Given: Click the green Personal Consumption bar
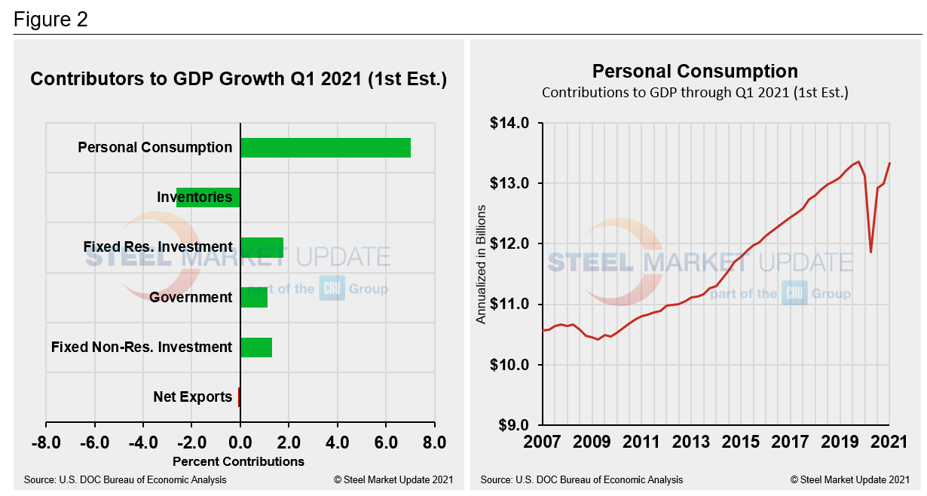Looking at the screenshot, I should coord(325,148).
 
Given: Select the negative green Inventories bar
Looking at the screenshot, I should coord(208,197).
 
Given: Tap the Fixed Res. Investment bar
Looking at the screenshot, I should coord(262,247).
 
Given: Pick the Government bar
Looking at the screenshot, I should coord(253,297).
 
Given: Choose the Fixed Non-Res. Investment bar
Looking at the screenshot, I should coord(255,347).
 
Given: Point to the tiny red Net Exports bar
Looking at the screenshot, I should coord(238,396).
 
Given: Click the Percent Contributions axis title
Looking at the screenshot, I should coord(238,461).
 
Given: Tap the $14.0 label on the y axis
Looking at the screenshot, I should coord(510,123).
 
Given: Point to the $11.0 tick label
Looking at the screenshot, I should coord(510,305).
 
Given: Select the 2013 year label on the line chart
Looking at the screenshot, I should coord(691,441).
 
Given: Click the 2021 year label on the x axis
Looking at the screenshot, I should coord(890,441).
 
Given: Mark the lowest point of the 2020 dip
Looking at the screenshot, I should coord(871,252).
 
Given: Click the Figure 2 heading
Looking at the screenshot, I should coord(50,20).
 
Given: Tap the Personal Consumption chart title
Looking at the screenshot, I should coord(694,72).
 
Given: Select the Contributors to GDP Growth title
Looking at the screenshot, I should coord(238,79).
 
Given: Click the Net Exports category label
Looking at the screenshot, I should coord(192,396).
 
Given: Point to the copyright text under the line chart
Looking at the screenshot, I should coord(850,479).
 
